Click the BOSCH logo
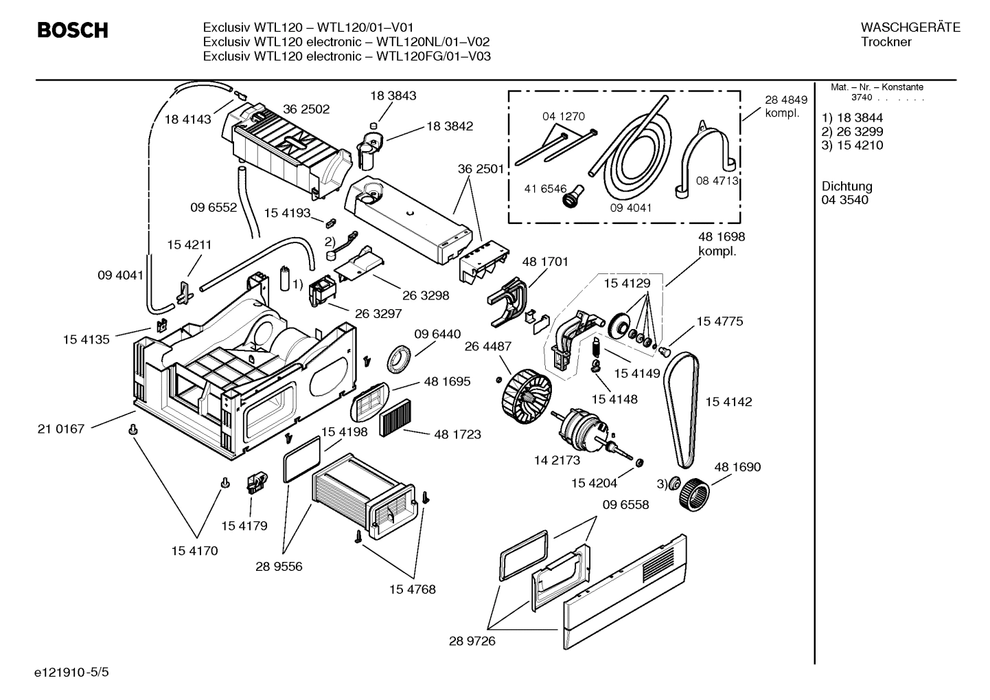(72, 30)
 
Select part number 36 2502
(306, 109)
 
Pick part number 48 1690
(737, 467)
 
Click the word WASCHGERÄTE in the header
(910, 27)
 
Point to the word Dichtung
(847, 186)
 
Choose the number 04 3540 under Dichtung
(844, 200)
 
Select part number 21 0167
(60, 429)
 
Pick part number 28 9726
(472, 641)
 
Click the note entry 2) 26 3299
(852, 131)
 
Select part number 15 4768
(412, 589)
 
